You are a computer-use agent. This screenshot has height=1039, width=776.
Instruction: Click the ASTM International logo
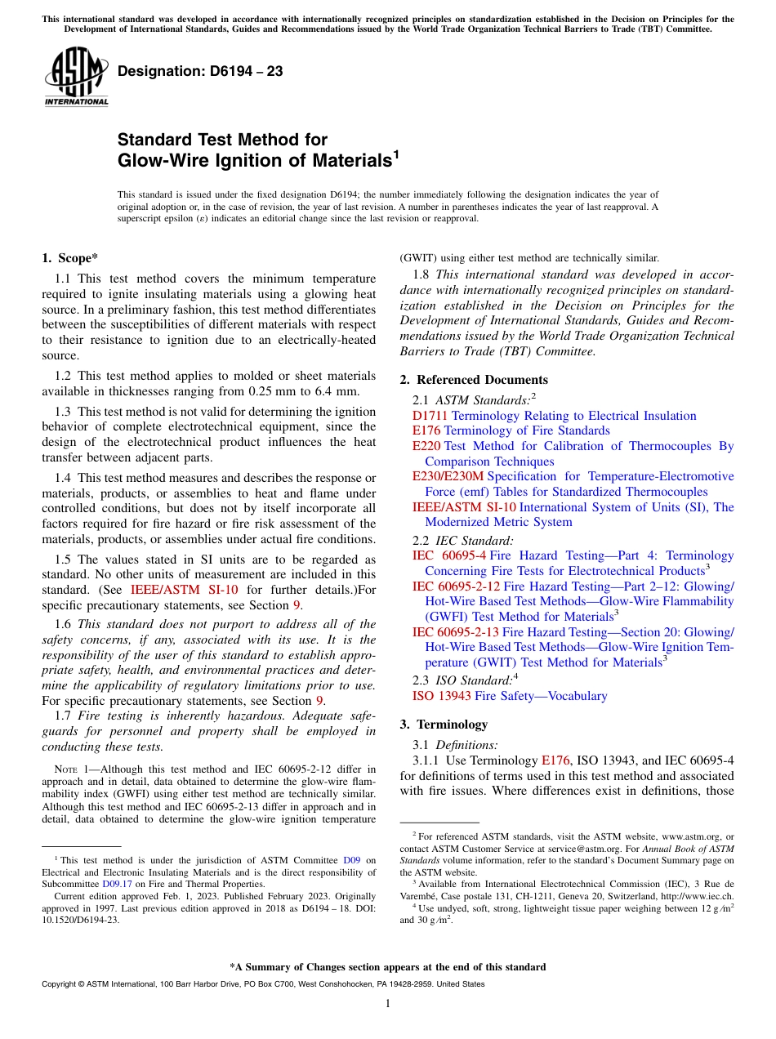coord(75,78)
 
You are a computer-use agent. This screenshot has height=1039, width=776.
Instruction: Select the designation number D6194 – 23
coord(200,72)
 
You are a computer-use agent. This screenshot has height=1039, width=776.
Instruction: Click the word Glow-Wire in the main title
coord(161,161)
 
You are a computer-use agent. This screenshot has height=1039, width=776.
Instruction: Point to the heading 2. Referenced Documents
coord(474,380)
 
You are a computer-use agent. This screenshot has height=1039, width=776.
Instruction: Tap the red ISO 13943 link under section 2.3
coord(441,696)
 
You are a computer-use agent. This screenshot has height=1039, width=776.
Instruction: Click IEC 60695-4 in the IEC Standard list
coord(449,555)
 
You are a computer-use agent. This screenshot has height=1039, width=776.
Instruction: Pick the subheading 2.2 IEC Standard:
coord(463,540)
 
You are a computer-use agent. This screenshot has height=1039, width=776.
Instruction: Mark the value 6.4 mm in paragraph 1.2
coord(337,391)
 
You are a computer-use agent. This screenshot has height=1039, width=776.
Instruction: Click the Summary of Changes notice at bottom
coord(387,967)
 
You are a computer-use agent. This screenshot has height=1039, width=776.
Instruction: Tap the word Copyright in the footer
coord(60,984)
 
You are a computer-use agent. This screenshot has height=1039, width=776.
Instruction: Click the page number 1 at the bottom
coord(388,1004)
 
